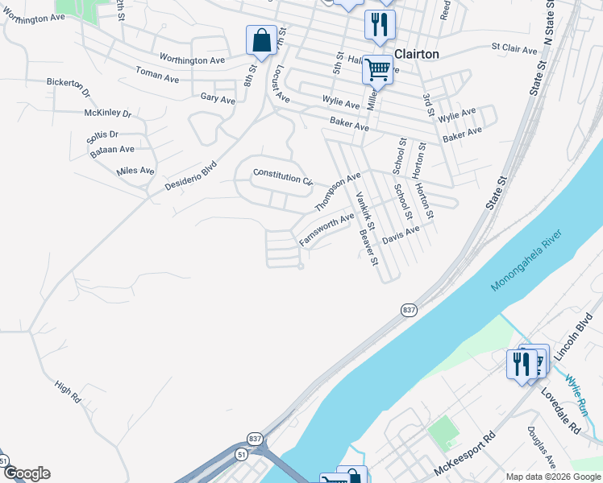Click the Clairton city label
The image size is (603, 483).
(x=415, y=54)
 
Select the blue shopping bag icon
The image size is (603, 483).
(x=262, y=40)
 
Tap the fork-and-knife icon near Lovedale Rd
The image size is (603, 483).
(x=521, y=364)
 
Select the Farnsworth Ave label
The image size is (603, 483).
(x=326, y=229)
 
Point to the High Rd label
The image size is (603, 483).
(x=69, y=392)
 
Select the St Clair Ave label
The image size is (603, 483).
(x=514, y=50)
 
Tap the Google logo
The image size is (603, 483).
(x=26, y=473)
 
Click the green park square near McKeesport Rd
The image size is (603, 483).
(x=443, y=432)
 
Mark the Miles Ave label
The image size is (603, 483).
(x=135, y=171)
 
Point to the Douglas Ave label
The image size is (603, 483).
(x=541, y=448)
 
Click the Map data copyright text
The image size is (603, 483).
(x=554, y=477)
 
